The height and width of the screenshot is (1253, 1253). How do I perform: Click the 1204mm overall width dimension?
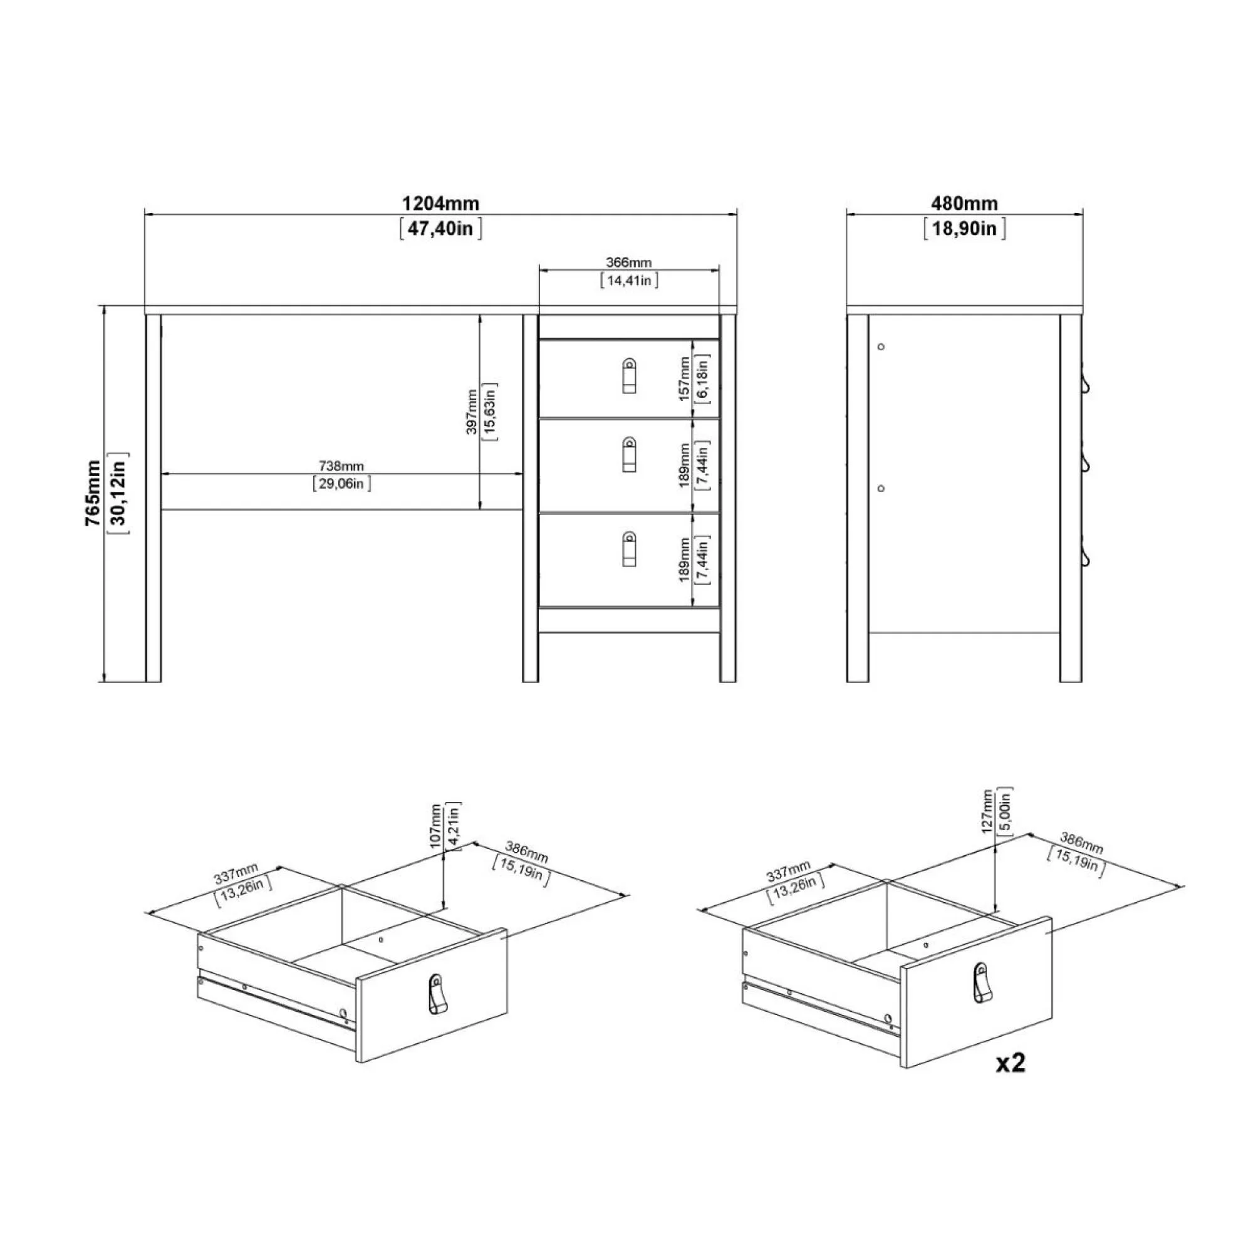pyautogui.click(x=440, y=204)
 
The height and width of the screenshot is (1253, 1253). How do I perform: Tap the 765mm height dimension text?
pyautogui.click(x=93, y=492)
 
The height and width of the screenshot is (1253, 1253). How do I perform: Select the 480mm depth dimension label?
pyautogui.click(x=964, y=204)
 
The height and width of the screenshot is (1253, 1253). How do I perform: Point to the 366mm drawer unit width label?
pyautogui.click(x=628, y=263)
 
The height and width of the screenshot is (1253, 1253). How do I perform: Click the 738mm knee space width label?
pyautogui.click(x=341, y=465)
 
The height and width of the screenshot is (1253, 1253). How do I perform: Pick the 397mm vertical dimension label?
pyautogui.click(x=472, y=412)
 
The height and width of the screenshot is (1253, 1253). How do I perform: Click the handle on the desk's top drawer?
pyautogui.click(x=628, y=377)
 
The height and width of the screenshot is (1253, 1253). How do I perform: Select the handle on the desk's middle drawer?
pyautogui.click(x=628, y=455)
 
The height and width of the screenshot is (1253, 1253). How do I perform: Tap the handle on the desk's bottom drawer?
pyautogui.click(x=628, y=549)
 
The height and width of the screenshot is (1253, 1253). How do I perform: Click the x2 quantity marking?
pyautogui.click(x=1011, y=1063)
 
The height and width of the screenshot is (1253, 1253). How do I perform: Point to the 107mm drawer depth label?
pyautogui.click(x=436, y=825)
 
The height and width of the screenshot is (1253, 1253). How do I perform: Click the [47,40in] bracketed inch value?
pyautogui.click(x=440, y=229)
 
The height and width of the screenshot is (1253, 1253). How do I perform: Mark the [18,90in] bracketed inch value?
pyautogui.click(x=964, y=229)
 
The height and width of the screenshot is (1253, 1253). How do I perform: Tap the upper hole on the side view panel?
pyautogui.click(x=881, y=347)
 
